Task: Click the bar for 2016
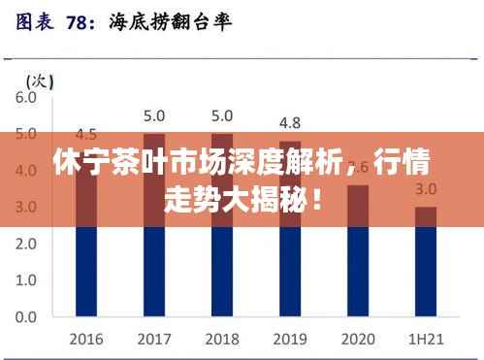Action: click(85, 234)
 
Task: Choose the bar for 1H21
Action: click(425, 261)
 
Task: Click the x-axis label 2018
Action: click(221, 339)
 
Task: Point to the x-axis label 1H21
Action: click(425, 339)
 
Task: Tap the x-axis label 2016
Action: click(85, 339)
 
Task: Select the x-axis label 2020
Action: click(357, 339)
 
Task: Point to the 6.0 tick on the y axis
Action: click(25, 97)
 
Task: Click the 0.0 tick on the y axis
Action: click(25, 316)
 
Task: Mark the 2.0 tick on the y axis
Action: click(25, 244)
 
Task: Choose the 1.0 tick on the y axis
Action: click(25, 280)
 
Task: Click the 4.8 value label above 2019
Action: click(289, 123)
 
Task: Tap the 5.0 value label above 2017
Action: click(153, 115)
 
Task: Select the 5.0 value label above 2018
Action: click(221, 115)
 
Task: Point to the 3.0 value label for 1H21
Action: click(425, 188)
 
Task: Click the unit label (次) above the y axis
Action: click(39, 79)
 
